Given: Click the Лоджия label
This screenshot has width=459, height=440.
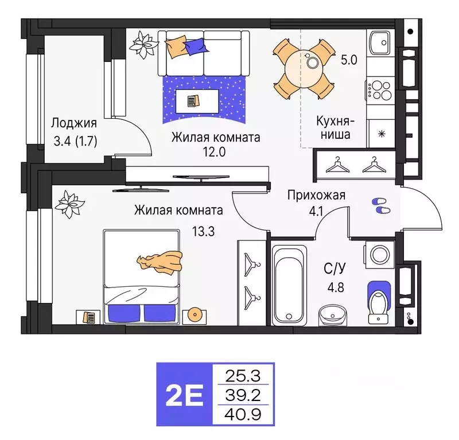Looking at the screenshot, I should click(x=73, y=123).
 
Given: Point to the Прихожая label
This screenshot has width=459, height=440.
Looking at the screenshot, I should click(x=316, y=195).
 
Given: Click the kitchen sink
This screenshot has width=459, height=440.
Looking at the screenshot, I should click(x=379, y=42).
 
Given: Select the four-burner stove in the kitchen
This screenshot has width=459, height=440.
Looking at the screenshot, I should click(x=380, y=89).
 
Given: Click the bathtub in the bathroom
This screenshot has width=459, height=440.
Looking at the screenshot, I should click(x=290, y=284).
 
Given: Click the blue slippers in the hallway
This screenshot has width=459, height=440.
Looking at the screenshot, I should click(x=380, y=205).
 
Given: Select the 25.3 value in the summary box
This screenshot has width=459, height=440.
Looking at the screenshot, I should click(x=244, y=376).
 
